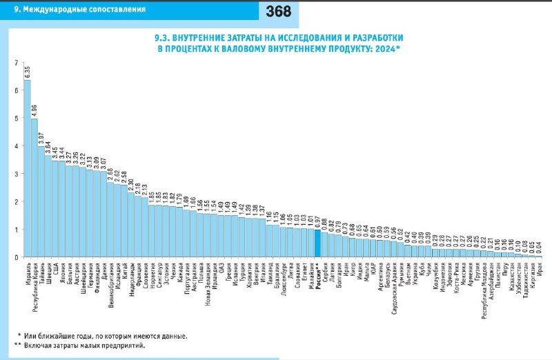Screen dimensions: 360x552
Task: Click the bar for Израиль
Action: point(28,169)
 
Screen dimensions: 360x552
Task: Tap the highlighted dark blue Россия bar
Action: point(317,243)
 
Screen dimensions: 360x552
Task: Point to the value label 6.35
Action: point(28,71)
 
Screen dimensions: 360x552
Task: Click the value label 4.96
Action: point(34,110)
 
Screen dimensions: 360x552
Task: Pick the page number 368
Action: point(277,11)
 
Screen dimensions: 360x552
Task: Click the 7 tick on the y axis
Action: point(17,63)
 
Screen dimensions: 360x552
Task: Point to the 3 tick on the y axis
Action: point(17,174)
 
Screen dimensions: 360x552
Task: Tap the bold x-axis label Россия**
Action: point(317,276)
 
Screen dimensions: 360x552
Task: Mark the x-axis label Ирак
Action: point(538,269)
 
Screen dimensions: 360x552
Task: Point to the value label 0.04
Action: point(538,247)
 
